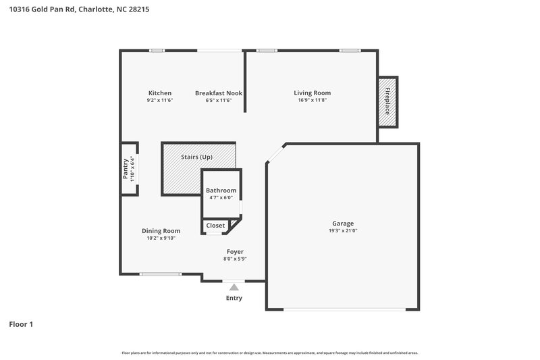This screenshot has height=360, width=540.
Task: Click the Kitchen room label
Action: coord(160,93)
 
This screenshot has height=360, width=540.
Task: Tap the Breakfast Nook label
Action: coord(218,93)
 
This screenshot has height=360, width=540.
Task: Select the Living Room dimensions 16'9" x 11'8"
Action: coord(312,100)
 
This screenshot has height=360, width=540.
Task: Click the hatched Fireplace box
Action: coord(387,101)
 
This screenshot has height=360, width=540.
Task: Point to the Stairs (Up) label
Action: coord(197,157)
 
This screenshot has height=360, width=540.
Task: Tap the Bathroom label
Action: coord(221,190)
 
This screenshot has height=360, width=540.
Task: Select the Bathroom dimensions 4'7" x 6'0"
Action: coord(221,198)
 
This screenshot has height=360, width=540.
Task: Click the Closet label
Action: coord(215,226)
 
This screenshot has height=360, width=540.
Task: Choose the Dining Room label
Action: coord(161,230)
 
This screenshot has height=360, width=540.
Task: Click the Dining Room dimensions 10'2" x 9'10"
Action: coord(161,238)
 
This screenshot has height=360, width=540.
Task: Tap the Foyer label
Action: coord(235,251)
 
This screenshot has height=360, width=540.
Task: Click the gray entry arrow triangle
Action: coord(234,287)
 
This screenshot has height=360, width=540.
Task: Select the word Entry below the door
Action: coord(234,298)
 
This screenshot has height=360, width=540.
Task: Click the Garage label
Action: coord(342,223)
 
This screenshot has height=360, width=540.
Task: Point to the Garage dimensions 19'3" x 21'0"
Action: coord(342,230)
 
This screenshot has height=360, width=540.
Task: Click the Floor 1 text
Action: coord(21,324)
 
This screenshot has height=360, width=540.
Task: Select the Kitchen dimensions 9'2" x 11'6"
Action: coord(160,100)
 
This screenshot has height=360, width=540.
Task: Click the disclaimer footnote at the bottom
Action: coord(270,353)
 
